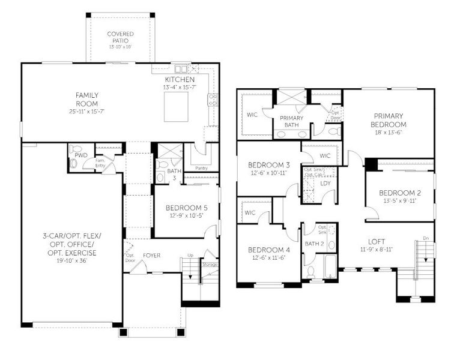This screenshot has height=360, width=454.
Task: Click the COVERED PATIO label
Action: click(120, 37)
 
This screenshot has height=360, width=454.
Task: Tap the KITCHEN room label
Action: click(180, 80)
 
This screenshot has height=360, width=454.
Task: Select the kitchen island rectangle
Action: click(177, 106)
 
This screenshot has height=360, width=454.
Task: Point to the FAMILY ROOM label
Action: click(87, 99)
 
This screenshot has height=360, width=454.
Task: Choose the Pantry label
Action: click(201, 168)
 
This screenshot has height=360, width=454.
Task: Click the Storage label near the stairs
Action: click(210, 263)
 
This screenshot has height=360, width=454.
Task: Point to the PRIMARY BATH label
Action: click(291, 122)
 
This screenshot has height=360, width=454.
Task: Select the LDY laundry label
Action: click(325, 184)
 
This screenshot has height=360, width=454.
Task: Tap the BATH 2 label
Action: click(313, 244)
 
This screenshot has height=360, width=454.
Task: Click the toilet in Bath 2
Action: click(310, 272)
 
